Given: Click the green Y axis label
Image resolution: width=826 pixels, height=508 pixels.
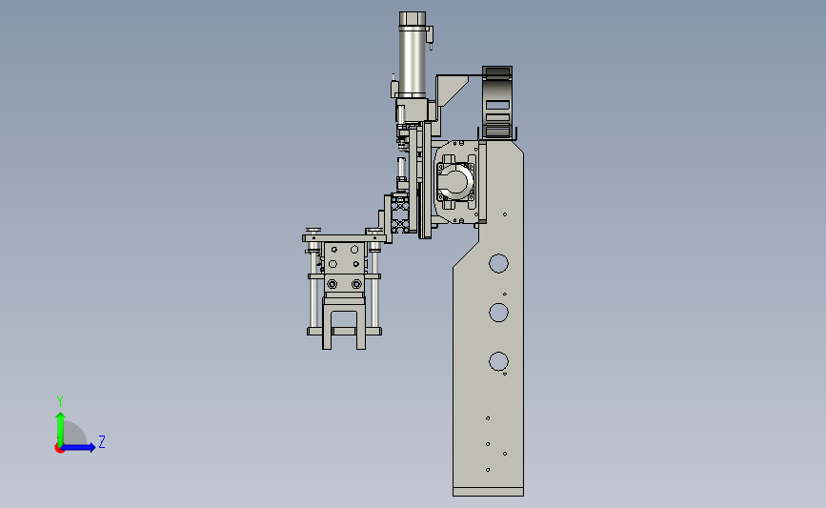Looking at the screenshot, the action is coord(59,401).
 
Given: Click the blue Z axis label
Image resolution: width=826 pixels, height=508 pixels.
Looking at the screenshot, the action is coord(102,441).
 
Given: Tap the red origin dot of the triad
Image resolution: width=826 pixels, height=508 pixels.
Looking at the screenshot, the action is coord(59,449).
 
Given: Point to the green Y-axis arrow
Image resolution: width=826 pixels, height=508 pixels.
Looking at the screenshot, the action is coord(61,429).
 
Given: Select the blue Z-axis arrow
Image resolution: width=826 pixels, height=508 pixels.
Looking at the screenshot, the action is coord(78,447).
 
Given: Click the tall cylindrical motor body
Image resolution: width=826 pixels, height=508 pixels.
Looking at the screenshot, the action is coord(412,62).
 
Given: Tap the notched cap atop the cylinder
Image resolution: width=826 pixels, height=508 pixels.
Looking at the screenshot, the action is coord(412,19).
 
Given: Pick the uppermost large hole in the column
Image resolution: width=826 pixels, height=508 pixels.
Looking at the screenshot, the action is coord(498,263).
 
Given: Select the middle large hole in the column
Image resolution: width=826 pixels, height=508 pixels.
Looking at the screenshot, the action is coord(498,312).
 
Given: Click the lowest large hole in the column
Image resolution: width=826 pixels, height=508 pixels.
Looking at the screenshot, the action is coord(498,361).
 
